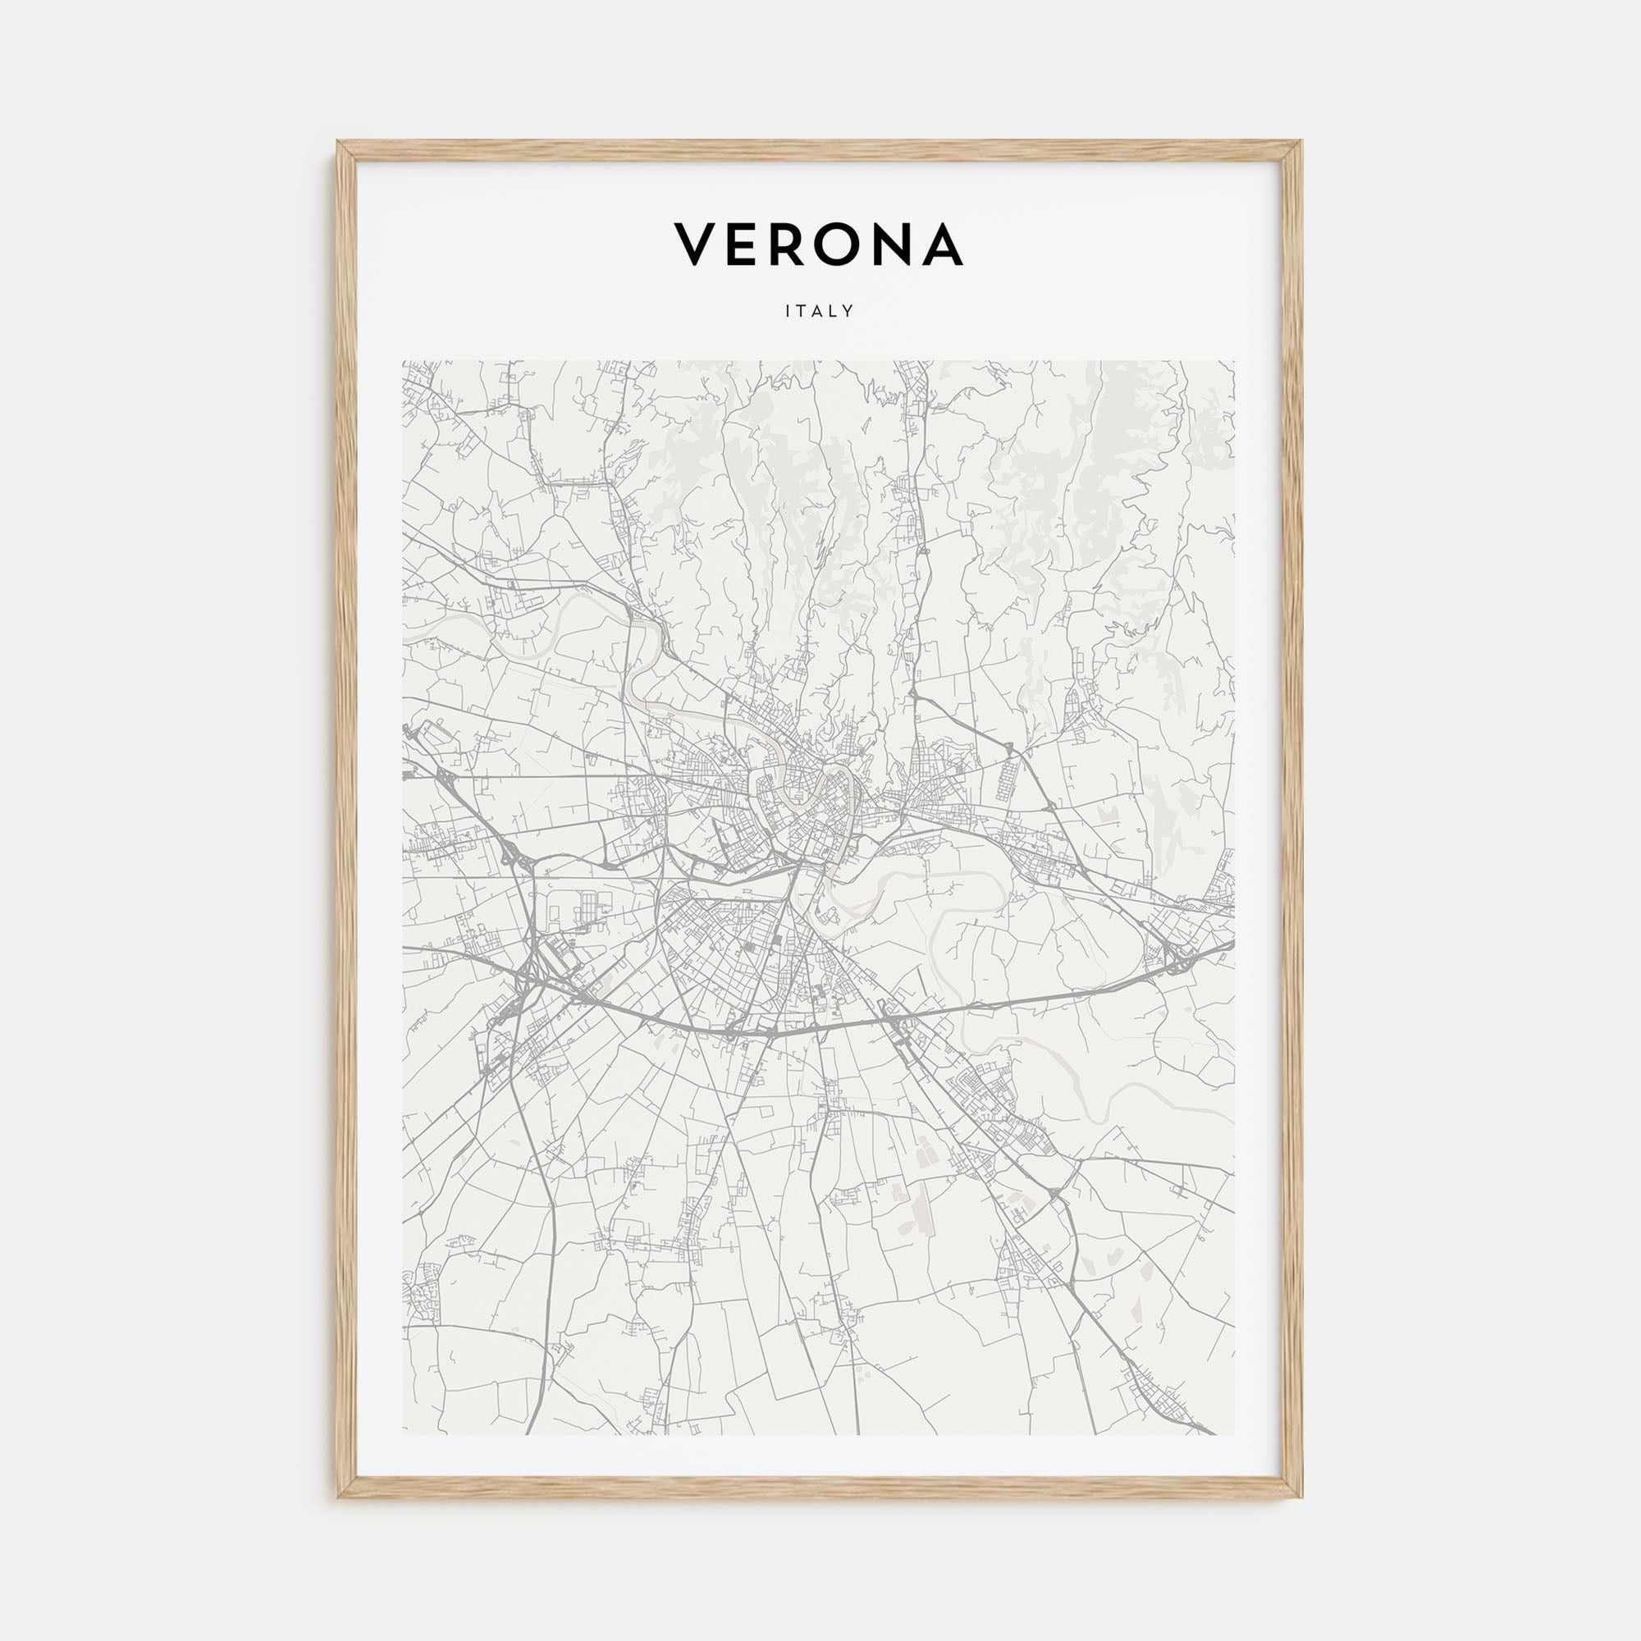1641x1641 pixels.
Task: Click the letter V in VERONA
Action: (695, 245)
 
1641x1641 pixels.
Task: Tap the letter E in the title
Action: (743, 245)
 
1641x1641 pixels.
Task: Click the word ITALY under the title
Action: (820, 312)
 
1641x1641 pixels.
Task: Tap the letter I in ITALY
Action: (789, 312)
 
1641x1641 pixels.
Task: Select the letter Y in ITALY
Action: (848, 312)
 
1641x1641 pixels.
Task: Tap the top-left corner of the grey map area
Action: (404, 361)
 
